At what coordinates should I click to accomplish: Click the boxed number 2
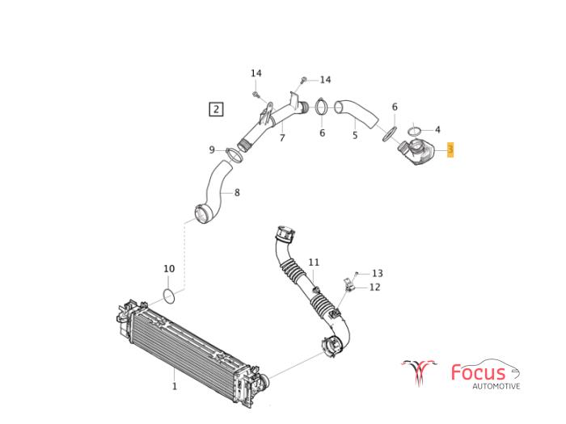[216, 109]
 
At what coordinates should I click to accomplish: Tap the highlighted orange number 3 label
[450, 149]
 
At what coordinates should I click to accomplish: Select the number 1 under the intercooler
[175, 386]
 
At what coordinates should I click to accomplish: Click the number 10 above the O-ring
[169, 269]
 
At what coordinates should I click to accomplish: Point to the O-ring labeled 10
[169, 296]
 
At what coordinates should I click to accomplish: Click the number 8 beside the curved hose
[237, 192]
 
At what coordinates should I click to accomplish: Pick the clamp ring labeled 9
[234, 155]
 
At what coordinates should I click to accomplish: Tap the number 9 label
[212, 149]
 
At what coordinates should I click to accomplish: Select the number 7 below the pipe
[282, 138]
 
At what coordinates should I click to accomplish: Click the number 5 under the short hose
[355, 135]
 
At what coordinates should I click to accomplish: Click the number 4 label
[437, 129]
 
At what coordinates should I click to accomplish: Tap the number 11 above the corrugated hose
[314, 262]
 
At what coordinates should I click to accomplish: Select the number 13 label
[378, 273]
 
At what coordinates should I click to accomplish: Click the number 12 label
[374, 287]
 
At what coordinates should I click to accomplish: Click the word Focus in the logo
[479, 372]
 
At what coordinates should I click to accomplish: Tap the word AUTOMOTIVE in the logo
[496, 386]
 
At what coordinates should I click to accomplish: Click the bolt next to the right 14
[303, 80]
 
